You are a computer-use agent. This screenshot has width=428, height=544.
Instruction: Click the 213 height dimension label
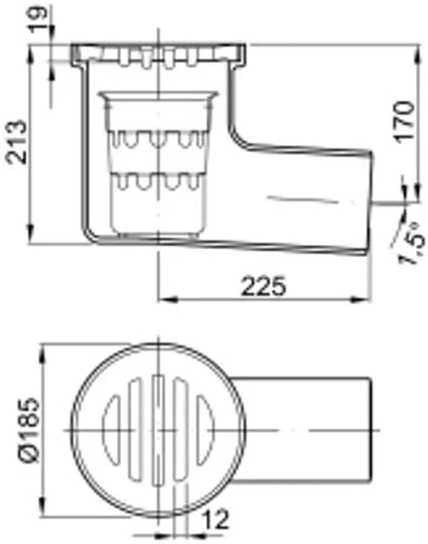17,142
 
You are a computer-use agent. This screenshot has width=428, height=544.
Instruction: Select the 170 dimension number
405,122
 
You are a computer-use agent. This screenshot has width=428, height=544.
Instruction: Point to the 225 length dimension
264,286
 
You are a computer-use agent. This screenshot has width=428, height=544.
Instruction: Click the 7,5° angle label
411,243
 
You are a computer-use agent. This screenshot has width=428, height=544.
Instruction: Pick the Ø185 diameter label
30,430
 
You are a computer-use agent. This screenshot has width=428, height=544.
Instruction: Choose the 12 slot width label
216,520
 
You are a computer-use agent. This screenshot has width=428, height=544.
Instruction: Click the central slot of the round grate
159,430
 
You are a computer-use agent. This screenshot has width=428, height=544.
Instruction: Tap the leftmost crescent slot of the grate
111,430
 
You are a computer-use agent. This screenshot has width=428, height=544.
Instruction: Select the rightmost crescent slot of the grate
205,430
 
